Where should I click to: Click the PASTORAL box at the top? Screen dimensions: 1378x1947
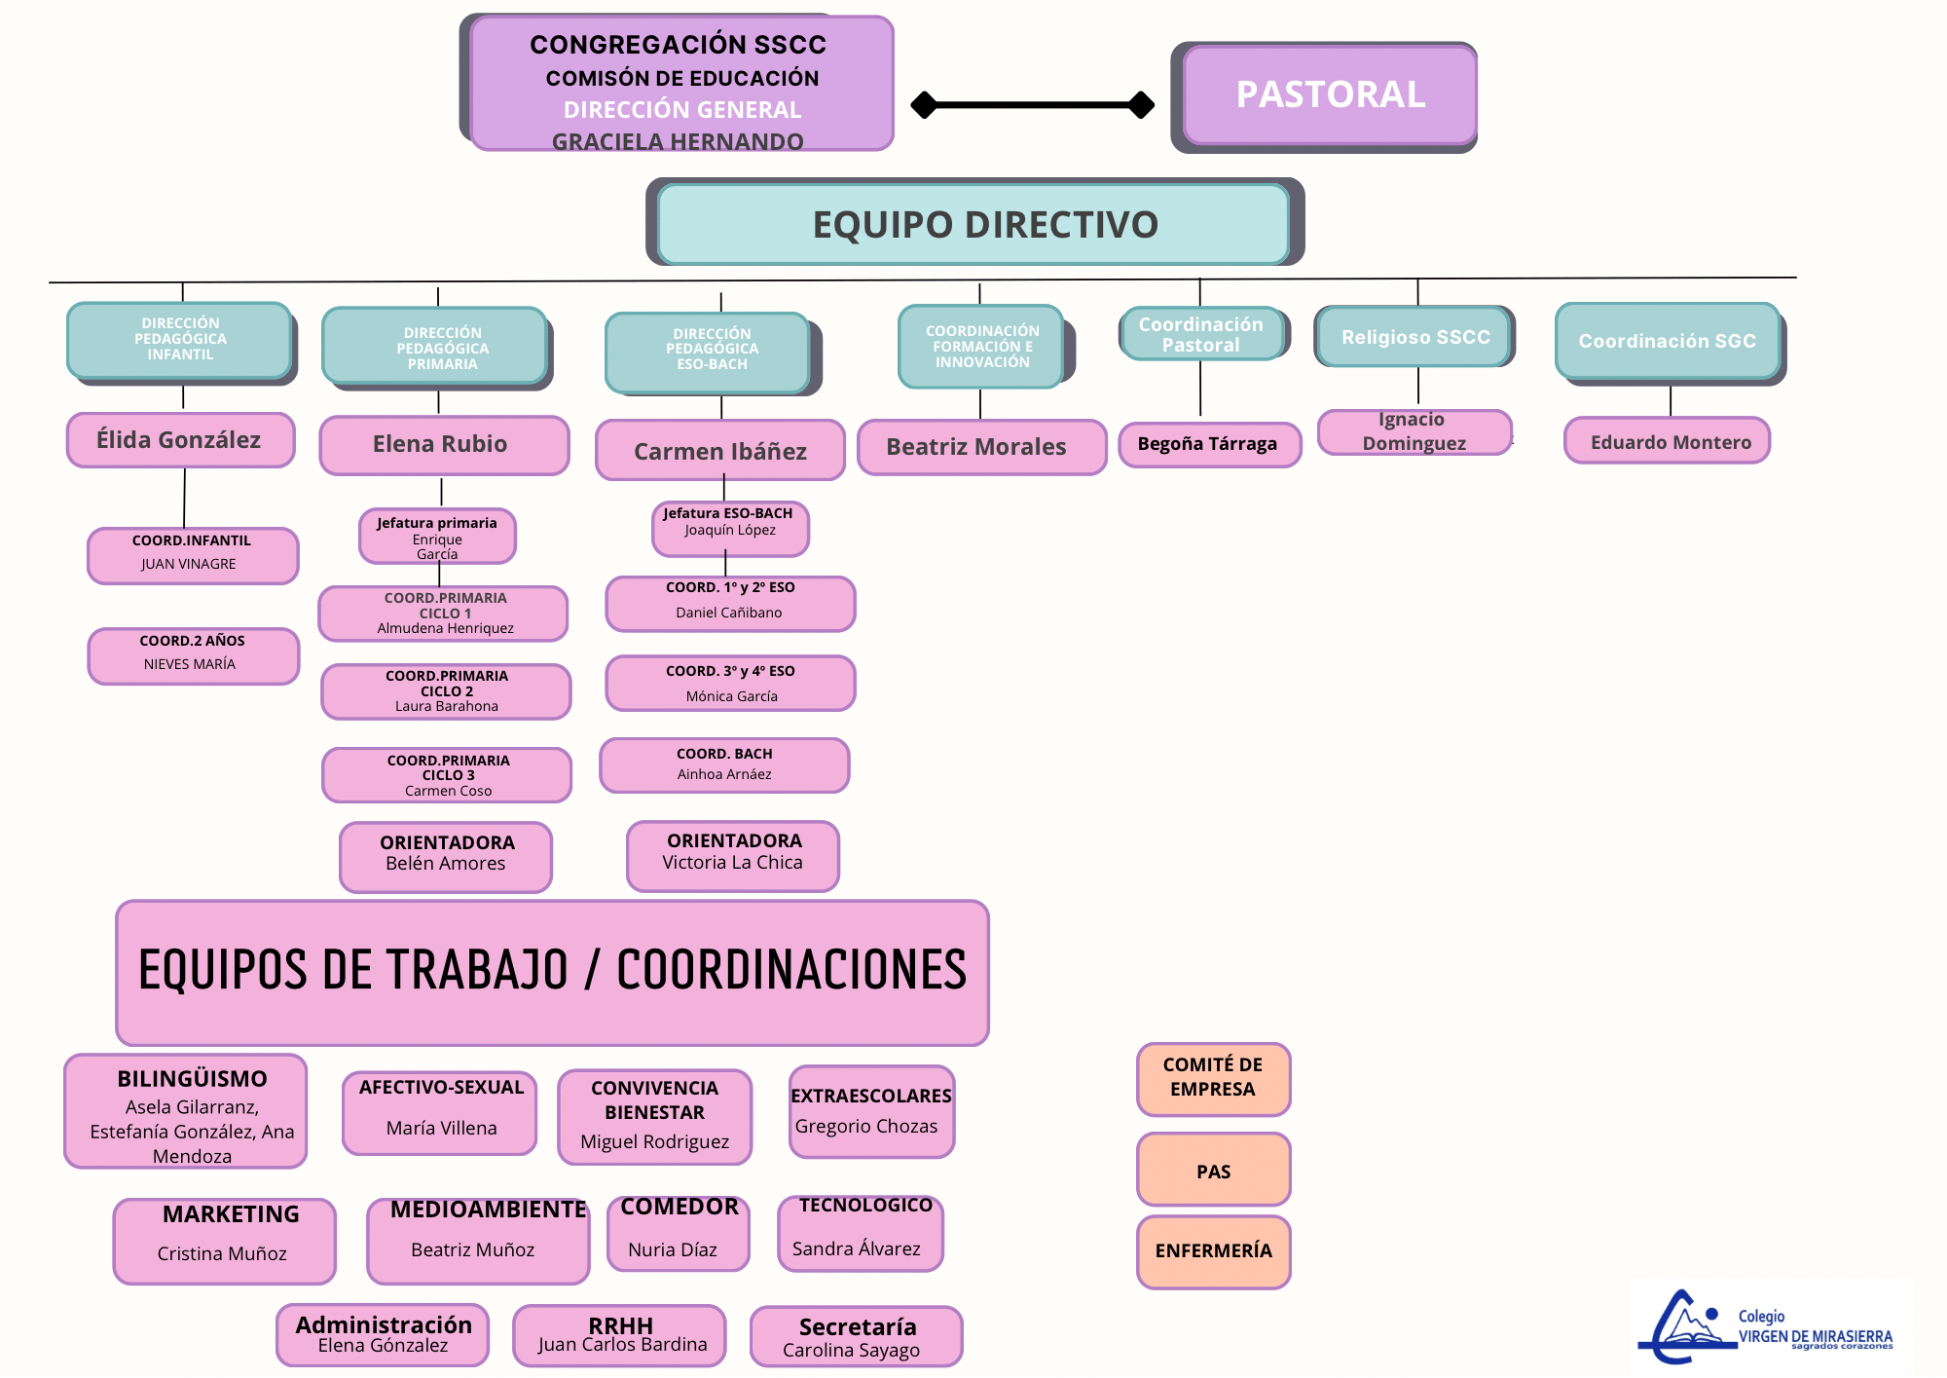tap(1329, 95)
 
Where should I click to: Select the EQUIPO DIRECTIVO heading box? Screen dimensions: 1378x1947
tap(973, 224)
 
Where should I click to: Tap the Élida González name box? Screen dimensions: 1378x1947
tap(180, 440)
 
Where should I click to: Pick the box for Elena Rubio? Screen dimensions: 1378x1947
tap(444, 445)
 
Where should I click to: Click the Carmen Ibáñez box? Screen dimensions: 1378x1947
tap(720, 451)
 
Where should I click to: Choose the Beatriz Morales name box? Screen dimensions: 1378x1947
tap(981, 447)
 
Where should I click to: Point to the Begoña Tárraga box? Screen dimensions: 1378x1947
tap(1209, 444)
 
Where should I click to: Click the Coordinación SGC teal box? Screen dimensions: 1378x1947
tap(1667, 341)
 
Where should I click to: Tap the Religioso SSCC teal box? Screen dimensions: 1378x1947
tap(1414, 337)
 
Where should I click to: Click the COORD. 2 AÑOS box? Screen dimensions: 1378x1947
tap(193, 655)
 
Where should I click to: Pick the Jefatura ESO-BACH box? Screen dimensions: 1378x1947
tap(730, 528)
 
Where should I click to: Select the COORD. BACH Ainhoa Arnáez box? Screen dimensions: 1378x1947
tap(724, 764)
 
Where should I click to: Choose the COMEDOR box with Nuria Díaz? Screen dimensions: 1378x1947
tap(679, 1233)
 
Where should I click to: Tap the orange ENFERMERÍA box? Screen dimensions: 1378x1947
tap(1213, 1251)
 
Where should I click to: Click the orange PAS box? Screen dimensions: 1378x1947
tap(1213, 1170)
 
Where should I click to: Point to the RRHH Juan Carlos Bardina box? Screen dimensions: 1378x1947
tap(620, 1335)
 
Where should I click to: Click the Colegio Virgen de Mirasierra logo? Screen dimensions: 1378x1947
tap(1770, 1326)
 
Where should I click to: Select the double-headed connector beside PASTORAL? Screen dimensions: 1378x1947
tap(1032, 104)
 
